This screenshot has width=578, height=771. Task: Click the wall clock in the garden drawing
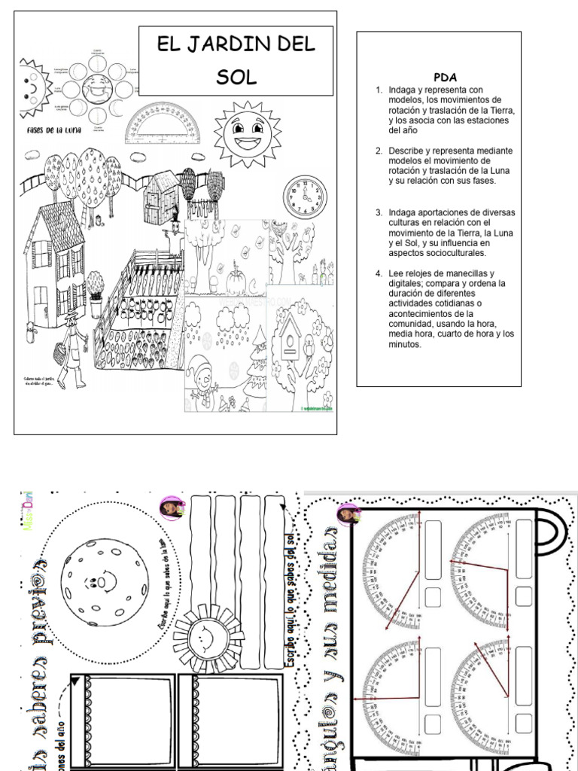[x=305, y=197]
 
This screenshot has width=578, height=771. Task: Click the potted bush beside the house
[x=95, y=291]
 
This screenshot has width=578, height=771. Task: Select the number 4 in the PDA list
[x=379, y=273]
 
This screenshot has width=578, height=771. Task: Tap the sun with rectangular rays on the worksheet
[x=202, y=638]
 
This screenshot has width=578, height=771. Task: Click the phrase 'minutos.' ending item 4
[x=405, y=345]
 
